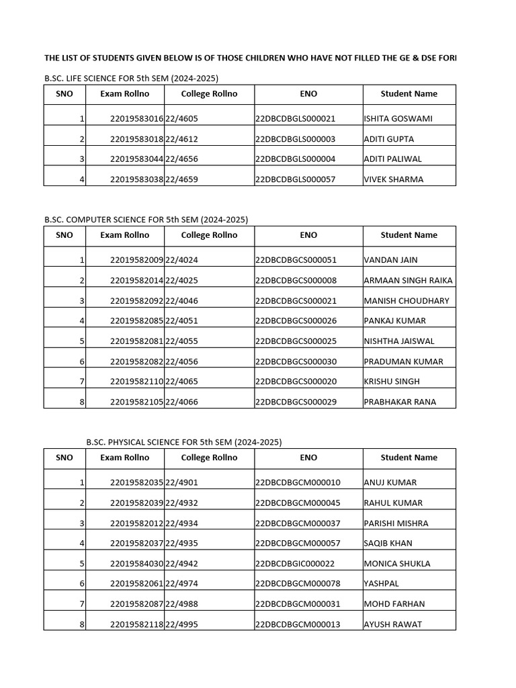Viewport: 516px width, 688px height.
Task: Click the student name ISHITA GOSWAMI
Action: coord(398,119)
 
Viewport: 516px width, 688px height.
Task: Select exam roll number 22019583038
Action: coord(137,179)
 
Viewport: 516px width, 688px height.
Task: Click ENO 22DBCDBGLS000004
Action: coord(295,159)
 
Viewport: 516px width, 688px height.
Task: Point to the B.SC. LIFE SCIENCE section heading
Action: coord(131,78)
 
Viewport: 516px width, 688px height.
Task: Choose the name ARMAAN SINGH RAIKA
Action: coord(408,280)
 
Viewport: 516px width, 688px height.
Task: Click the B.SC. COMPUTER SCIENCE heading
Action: coord(146,219)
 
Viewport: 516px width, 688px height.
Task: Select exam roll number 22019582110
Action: coord(137,382)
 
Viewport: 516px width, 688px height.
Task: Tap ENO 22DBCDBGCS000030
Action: coord(296,361)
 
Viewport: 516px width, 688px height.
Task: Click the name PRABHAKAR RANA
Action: coord(400,402)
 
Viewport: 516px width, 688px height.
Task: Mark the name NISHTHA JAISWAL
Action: coord(399,341)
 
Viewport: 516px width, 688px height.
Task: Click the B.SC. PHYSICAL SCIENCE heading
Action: coord(183,441)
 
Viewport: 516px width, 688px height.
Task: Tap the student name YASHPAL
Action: coord(382,584)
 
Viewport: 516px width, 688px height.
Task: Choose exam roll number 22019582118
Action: coord(137,624)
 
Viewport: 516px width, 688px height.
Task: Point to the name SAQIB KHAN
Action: coord(388,544)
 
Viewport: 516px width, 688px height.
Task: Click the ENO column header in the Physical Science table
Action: coord(308,458)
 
